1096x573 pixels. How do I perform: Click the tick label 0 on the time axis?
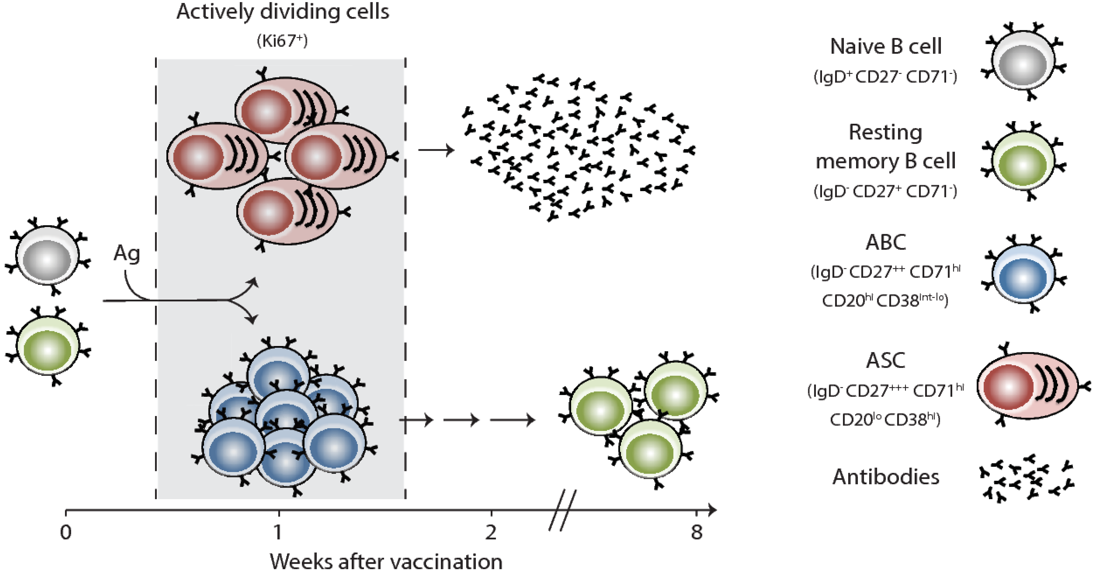point(66,532)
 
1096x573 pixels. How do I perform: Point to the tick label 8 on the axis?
point(697,532)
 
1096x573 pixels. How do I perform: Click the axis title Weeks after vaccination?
point(386,561)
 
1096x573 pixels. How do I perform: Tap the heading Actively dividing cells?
point(283,12)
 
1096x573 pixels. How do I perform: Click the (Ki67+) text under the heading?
point(282,41)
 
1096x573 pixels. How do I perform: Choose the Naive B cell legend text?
point(886,46)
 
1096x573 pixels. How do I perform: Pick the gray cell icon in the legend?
point(1023,62)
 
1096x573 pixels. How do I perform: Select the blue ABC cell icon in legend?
point(1023,274)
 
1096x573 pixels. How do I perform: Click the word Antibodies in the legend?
point(886,477)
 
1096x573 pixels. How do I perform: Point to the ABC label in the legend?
point(886,243)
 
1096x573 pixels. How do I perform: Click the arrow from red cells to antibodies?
point(436,150)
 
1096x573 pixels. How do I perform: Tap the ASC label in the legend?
point(886,361)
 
